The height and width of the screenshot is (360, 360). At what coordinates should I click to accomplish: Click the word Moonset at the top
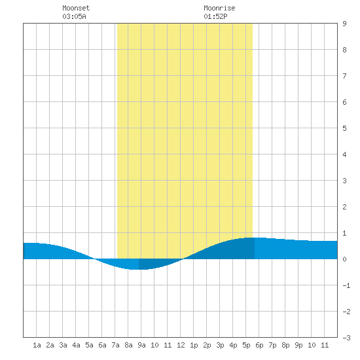tap(76, 8)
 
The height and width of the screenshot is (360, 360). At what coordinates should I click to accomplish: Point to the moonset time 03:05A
tap(74, 16)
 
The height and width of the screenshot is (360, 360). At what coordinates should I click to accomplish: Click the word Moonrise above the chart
tap(219, 8)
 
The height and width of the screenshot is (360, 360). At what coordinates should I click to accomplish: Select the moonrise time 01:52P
tap(215, 16)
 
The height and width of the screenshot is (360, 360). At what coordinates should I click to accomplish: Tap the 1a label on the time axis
tap(37, 345)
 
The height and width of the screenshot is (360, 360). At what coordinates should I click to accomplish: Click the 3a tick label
tap(63, 345)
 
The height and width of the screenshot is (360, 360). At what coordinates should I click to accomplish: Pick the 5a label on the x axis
tap(89, 345)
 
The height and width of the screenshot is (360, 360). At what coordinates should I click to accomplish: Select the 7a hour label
tap(115, 345)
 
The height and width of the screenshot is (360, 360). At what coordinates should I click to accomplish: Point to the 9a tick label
tap(141, 345)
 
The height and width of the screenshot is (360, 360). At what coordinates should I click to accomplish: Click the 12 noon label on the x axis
tap(181, 345)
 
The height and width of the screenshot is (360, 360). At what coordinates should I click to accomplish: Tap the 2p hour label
tap(207, 345)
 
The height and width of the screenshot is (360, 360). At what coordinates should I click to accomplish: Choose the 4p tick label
tap(233, 345)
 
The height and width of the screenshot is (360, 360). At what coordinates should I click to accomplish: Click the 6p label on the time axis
tap(259, 345)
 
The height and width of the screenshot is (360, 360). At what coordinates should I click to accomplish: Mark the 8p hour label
tap(285, 345)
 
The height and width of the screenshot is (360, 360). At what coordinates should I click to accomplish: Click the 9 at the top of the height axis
tap(344, 24)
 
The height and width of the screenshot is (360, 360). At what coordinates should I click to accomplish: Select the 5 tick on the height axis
tap(344, 128)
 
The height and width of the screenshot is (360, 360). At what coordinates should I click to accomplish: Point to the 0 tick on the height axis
tap(344, 259)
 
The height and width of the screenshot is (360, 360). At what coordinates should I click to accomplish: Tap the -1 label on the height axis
tap(346, 285)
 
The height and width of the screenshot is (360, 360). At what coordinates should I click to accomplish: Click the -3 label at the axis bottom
tap(346, 338)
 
